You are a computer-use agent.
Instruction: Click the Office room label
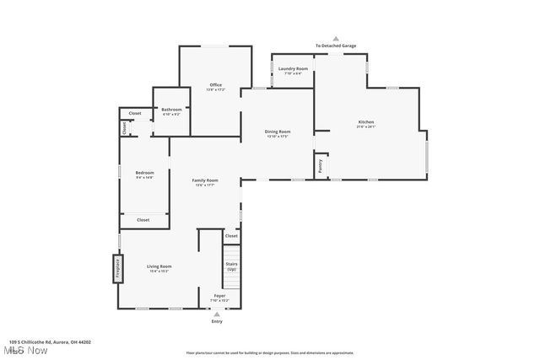(216, 85)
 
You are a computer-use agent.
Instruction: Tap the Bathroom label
(171, 110)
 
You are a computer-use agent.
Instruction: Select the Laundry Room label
(293, 68)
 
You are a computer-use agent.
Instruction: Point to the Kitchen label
(366, 122)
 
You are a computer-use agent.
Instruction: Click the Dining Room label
(278, 132)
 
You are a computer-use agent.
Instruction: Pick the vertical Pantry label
(321, 166)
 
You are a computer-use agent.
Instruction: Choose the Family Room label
(205, 180)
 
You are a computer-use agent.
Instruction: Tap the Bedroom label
(144, 174)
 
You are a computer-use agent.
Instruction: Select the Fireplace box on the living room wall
(117, 269)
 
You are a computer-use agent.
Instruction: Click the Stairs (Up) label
(231, 266)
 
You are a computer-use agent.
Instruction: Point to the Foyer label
(219, 296)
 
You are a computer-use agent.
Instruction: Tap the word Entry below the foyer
(217, 321)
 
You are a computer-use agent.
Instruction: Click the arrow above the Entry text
(217, 314)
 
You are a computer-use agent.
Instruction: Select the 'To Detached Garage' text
(335, 46)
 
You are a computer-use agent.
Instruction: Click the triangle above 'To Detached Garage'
(335, 38)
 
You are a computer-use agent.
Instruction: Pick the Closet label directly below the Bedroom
(143, 220)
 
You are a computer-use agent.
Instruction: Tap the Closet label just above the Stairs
(231, 236)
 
